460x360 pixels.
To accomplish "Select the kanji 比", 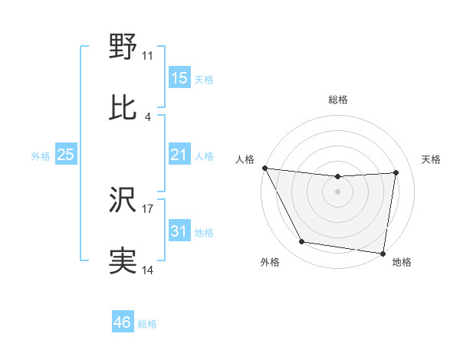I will click(123, 107).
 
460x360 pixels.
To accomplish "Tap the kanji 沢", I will click(123, 201).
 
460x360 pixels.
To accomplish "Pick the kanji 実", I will click(123, 261).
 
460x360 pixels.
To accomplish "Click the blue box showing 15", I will click(179, 77).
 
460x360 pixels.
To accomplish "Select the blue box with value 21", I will click(179, 155).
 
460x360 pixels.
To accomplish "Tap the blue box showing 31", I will click(179, 231).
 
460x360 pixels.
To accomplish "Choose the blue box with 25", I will click(66, 155).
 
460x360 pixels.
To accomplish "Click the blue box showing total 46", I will click(123, 322).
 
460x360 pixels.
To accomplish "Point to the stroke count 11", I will click(148, 56).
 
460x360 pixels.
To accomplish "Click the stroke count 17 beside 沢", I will click(148, 208).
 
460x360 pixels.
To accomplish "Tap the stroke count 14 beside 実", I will click(148, 270).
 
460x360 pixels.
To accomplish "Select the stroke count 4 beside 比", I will click(148, 116).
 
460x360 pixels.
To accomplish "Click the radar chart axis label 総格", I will click(338, 100).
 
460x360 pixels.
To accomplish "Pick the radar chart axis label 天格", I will click(432, 159).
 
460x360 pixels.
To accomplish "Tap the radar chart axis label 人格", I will click(245, 159).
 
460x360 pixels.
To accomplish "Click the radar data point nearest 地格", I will click(383, 253).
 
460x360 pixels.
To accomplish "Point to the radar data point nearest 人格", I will click(264, 168).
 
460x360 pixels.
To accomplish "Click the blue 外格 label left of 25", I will click(41, 155).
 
